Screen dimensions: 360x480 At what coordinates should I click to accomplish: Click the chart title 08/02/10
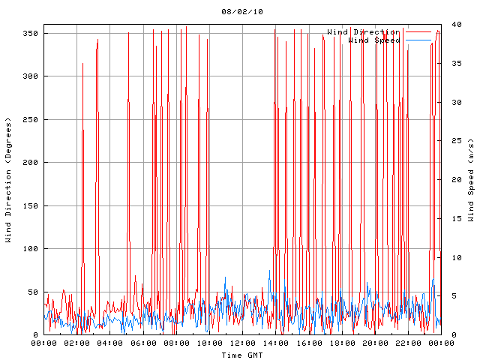241,12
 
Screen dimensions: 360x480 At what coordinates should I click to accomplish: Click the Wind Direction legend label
363,32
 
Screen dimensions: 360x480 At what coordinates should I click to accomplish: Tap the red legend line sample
423,32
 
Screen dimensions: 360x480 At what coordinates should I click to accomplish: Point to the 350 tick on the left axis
30,33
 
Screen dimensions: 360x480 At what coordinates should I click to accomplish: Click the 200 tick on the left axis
30,163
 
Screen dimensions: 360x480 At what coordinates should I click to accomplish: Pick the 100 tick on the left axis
30,249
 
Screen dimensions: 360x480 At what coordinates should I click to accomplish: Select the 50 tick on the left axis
32,292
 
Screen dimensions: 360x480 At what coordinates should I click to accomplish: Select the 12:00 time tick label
242,343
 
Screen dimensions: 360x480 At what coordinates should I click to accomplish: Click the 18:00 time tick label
341,343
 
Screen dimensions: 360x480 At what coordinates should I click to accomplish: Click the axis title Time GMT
241,355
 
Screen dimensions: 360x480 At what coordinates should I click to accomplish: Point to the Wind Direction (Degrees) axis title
9,180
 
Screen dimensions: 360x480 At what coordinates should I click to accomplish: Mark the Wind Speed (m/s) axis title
472,180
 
